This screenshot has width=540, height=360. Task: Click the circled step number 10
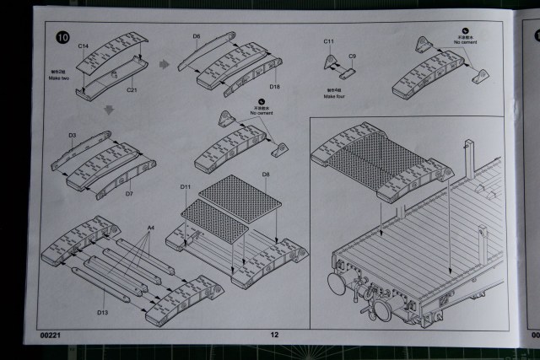[62, 37]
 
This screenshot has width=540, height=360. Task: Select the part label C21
[132, 89]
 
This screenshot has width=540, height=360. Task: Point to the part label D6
[196, 36]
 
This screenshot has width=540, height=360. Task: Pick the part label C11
[329, 40]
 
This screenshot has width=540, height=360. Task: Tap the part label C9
[353, 56]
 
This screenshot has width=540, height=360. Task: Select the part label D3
[72, 135]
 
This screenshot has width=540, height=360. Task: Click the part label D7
[129, 193]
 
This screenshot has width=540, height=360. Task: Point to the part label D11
[186, 185]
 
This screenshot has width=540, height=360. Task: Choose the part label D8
[265, 175]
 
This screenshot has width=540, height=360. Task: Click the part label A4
[152, 228]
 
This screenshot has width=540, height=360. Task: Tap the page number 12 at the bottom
[274, 335]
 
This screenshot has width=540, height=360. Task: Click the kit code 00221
[51, 335]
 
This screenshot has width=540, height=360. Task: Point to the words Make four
[335, 96]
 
